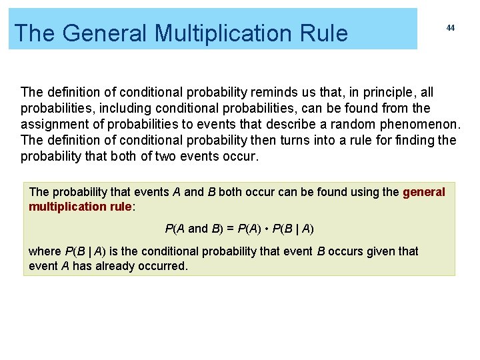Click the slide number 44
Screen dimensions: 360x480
tap(451, 28)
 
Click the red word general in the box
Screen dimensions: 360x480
tap(424, 192)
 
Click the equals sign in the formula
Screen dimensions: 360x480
tap(229, 229)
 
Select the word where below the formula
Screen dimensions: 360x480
tap(45, 251)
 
